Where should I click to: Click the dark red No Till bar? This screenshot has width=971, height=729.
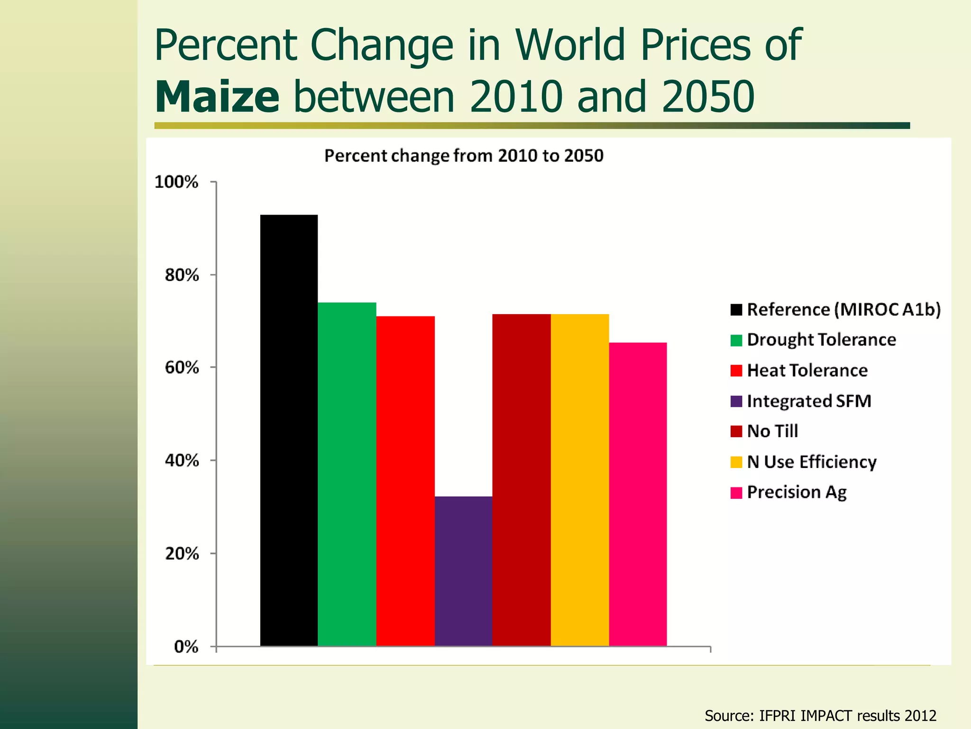[522, 479]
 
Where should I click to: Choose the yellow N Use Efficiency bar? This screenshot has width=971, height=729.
[579, 479]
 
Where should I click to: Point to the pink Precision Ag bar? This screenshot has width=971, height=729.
[638, 494]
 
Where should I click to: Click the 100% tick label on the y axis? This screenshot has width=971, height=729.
[176, 182]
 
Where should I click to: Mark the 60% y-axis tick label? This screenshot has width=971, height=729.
[181, 367]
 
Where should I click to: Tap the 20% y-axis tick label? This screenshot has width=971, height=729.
[181, 553]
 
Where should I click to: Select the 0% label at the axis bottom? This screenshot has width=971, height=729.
[186, 646]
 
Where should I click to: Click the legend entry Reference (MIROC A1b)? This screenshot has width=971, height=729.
[843, 309]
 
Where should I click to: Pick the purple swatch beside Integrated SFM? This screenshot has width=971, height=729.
[736, 401]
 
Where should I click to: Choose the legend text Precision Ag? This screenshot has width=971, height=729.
[797, 492]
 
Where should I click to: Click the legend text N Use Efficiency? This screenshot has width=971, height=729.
[812, 462]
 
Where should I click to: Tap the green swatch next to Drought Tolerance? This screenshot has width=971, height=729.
[736, 340]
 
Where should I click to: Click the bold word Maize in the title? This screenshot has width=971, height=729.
[217, 97]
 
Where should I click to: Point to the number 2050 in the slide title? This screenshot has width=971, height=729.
[708, 97]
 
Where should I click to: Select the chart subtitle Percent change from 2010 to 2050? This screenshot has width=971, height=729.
[463, 156]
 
